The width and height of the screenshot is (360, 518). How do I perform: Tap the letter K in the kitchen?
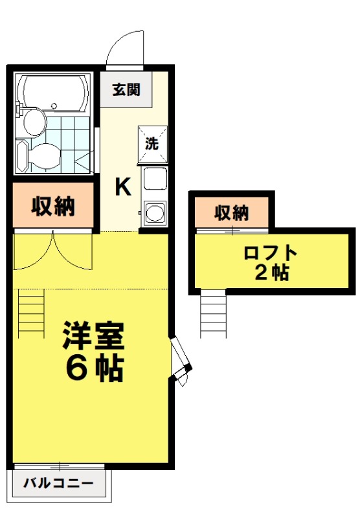[123, 186]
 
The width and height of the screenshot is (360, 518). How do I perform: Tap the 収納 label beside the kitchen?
[54, 207]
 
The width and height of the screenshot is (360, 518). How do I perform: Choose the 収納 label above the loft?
[232, 212]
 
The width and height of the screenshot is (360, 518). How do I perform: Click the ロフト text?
[271, 253]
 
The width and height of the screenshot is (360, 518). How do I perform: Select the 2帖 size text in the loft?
[271, 273]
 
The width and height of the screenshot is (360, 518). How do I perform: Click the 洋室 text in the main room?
[93, 337]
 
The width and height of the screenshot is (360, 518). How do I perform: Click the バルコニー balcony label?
[59, 483]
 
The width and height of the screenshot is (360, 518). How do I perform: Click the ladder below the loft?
[212, 313]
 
